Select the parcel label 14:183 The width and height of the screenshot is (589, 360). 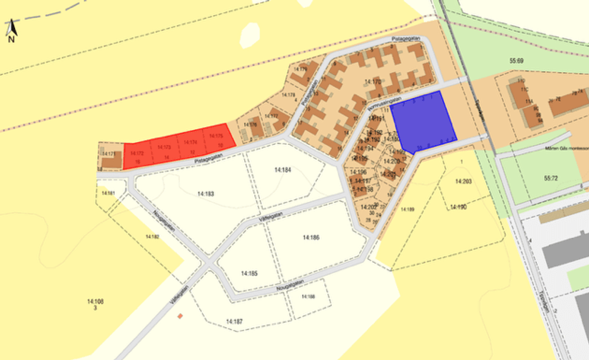pos(206,194)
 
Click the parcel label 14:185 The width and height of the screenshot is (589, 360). pos(248,273)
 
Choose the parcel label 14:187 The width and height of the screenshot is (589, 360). pos(233,321)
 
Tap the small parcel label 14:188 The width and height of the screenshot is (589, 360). pos(306,295)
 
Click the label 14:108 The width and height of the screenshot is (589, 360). pos(95,302)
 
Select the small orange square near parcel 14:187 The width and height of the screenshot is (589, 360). pos(181,315)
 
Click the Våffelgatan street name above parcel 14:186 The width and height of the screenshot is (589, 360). pos(272,211)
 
